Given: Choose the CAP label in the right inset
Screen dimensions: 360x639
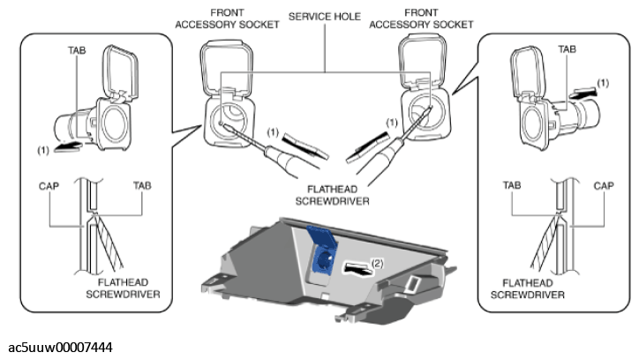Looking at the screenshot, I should click(x=603, y=187).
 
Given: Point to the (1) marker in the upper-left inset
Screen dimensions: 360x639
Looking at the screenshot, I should click(x=41, y=150).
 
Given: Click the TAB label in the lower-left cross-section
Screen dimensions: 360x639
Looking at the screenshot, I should click(x=141, y=187).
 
